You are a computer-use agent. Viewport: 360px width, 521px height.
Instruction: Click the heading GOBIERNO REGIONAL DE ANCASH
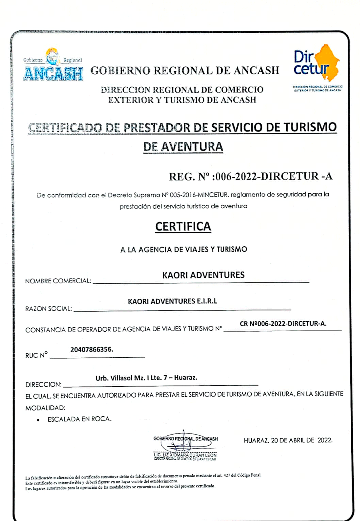pos(185,70)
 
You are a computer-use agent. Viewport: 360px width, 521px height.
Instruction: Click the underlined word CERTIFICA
pos(183,227)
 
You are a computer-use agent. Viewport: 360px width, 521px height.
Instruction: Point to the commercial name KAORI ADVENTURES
pos(203,275)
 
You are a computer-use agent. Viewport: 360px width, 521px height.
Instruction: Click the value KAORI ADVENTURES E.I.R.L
pos(172,301)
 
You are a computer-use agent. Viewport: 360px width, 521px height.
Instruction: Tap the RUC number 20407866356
pos(91,350)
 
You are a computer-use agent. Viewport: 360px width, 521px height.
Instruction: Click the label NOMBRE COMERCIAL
pos(58,281)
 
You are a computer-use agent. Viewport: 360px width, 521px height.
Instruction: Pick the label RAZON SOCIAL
pos(48,309)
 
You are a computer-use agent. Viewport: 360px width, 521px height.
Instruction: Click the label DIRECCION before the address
pos(44,385)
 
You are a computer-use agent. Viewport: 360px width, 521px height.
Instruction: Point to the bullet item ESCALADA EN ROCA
pos(80,419)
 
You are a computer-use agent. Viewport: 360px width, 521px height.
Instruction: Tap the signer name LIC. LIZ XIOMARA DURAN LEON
pos(185,455)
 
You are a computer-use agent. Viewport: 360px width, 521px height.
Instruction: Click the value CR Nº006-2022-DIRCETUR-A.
pos(283,324)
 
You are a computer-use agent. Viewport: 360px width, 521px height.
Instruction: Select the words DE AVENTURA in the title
pos(183,147)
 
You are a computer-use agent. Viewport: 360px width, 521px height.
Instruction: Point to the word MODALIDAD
pos(45,408)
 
